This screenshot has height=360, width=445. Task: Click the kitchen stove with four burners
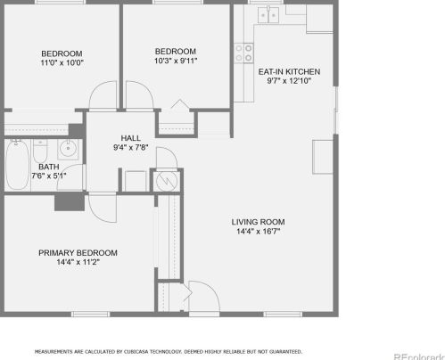[x=243, y=53]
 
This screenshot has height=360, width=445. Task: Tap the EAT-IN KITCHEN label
[x=288, y=71]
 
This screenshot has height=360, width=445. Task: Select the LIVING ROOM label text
[x=258, y=222]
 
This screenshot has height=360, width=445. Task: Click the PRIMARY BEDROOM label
[x=78, y=253]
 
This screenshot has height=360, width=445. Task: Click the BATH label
[x=48, y=166]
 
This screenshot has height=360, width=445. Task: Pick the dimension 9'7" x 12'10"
[x=288, y=81]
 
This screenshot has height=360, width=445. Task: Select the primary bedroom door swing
[x=101, y=208]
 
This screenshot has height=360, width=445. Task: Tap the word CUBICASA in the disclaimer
[x=135, y=352]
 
